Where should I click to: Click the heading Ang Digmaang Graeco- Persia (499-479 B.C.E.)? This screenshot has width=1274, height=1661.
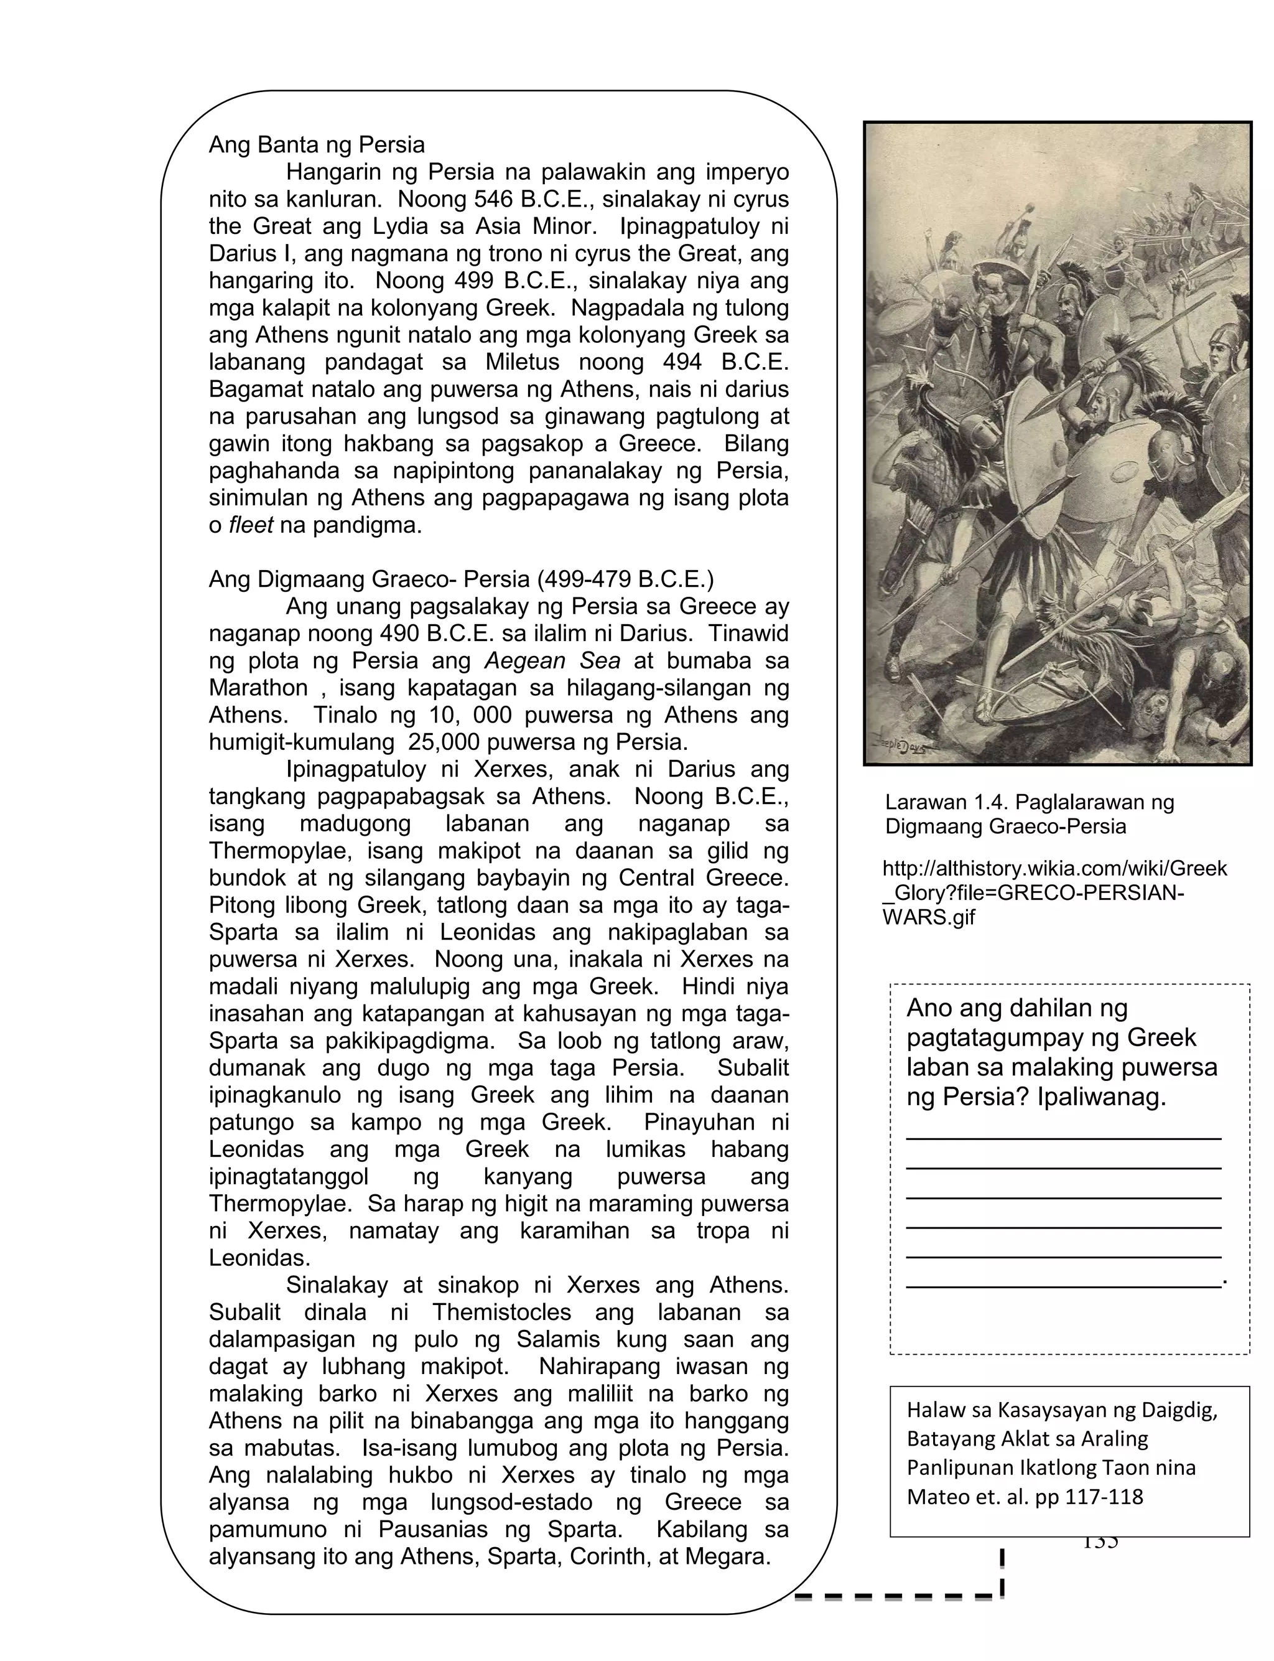(x=461, y=579)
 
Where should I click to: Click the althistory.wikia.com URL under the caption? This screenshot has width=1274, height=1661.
(x=1054, y=892)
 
